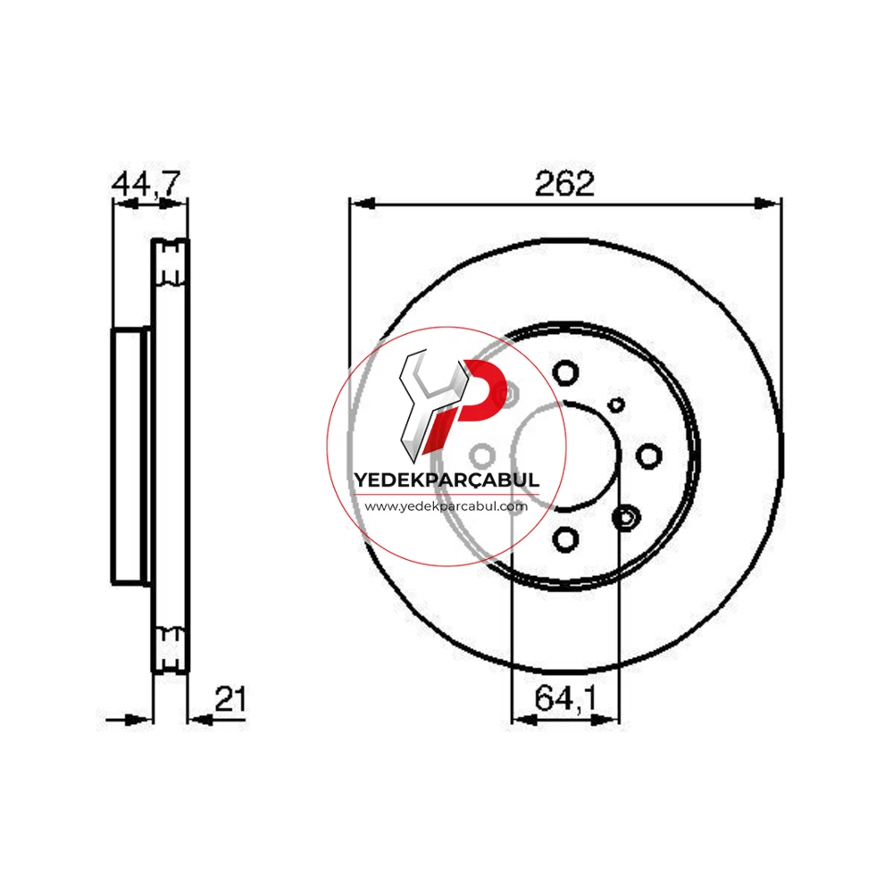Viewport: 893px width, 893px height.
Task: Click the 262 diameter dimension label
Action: [563, 183]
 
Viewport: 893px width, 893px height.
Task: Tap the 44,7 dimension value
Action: [146, 183]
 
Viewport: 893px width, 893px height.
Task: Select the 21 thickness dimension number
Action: [230, 699]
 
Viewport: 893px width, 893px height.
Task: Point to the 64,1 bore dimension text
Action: [565, 697]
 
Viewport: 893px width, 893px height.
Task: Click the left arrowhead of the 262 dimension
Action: [363, 204]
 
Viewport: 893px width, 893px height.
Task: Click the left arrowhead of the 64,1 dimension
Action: [525, 721]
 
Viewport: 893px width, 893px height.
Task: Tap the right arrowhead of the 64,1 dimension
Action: [605, 721]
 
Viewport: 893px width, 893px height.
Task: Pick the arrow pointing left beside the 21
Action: [200, 721]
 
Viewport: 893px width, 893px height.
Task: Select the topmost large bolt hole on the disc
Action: [565, 373]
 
